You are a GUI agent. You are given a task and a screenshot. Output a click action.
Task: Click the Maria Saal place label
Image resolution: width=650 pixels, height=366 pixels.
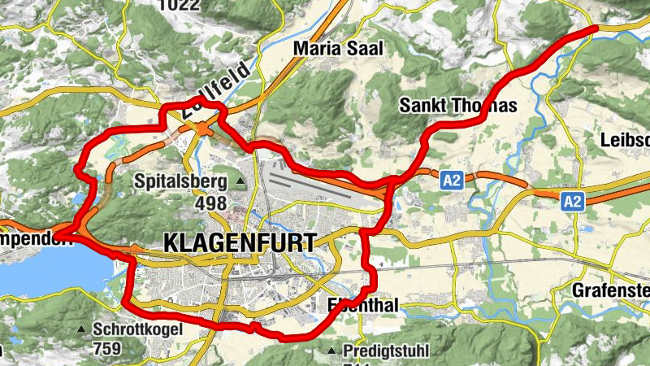337,49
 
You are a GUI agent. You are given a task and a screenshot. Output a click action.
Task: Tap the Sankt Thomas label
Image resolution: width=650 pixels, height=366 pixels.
458,106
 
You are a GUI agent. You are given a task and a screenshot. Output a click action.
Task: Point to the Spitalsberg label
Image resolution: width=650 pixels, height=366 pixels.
180,180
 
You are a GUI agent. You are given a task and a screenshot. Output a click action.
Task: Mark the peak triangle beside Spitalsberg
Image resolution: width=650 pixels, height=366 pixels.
240,181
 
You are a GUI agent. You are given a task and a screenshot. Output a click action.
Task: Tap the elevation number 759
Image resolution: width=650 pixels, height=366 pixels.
107,349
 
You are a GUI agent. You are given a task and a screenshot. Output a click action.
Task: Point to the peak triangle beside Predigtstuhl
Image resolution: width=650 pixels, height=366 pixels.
331,351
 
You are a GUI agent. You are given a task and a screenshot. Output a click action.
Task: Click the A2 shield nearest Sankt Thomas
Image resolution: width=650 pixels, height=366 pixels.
453,181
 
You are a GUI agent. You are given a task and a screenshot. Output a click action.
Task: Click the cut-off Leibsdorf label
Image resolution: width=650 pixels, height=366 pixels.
625,140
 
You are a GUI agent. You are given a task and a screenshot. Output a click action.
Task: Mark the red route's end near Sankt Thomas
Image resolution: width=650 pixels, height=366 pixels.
595,28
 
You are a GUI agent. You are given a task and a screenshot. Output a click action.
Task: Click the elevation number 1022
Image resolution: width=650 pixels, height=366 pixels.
180,6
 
